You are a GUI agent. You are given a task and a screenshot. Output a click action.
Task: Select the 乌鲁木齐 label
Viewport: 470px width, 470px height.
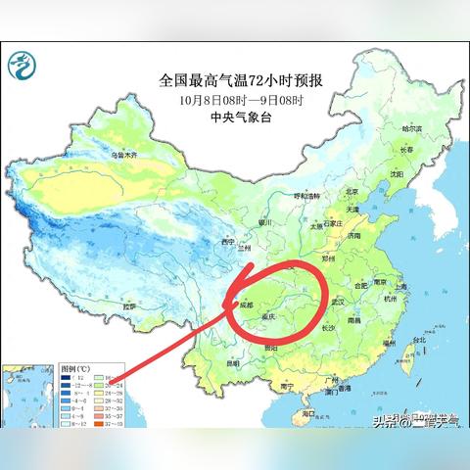(x=119, y=155)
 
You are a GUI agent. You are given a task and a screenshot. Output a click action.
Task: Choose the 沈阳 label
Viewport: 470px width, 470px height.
(x=396, y=173)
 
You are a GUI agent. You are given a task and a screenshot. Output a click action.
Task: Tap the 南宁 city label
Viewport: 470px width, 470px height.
(x=285, y=387)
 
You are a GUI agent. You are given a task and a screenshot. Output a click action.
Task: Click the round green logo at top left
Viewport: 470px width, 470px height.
(x=22, y=67)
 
